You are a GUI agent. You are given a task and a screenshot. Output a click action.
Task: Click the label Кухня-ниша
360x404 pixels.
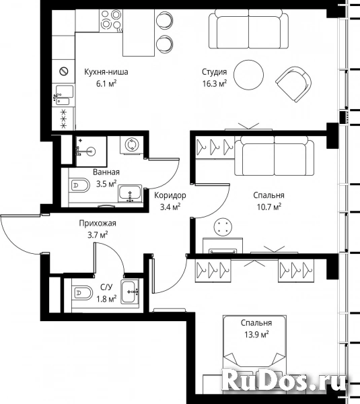(x=106, y=72)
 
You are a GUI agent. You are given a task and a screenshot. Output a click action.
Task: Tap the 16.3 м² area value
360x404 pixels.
(x=215, y=83)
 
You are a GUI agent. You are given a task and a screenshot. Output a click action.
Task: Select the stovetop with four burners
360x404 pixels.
(x=111, y=21)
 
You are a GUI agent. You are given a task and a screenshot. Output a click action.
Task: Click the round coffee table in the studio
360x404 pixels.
(x=248, y=75)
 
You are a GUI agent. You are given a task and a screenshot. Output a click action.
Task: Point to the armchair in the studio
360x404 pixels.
(x=293, y=83)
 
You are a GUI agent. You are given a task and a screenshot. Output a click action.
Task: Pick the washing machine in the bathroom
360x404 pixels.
(x=132, y=145)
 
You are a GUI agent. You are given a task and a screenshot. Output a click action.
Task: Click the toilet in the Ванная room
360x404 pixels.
(x=79, y=184)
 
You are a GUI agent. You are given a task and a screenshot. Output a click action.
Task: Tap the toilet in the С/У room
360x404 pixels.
(x=81, y=293)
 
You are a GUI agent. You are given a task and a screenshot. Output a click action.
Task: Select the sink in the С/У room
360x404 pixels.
(x=130, y=292)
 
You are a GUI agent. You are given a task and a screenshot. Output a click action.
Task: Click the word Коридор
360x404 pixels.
(x=170, y=195)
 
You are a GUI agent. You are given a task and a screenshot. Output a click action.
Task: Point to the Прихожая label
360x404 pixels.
(x=98, y=223)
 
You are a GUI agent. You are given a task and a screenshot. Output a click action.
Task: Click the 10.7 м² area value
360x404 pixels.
(x=269, y=207)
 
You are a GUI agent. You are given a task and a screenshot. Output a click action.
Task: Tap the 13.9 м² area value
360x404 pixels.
(x=256, y=335)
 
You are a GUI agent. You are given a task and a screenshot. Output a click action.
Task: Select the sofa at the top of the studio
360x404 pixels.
(x=248, y=29)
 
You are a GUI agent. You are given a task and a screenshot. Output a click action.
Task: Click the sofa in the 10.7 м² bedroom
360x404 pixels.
(x=275, y=156)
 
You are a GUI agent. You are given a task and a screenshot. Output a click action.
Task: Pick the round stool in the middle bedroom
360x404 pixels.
(x=223, y=228)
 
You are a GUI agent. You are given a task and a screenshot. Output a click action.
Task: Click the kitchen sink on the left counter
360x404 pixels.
(x=64, y=95)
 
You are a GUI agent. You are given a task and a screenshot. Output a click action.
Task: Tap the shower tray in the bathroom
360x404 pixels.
(x=91, y=151)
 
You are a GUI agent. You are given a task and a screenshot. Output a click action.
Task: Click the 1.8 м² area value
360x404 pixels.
(x=106, y=299)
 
